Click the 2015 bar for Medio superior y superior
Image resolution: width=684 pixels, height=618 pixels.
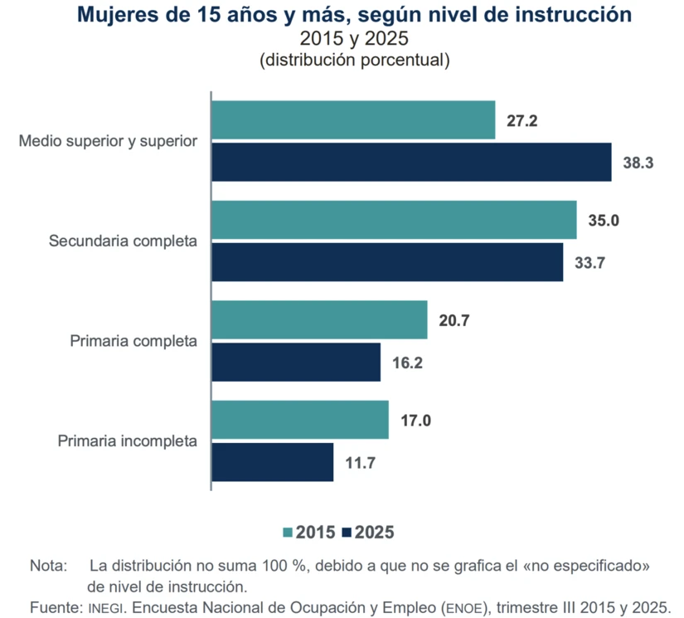354,120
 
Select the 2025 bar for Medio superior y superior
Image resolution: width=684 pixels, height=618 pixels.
412,162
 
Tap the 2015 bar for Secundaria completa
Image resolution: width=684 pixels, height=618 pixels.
395,221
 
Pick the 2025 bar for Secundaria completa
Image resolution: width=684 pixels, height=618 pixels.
388,262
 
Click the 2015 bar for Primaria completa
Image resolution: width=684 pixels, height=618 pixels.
320,320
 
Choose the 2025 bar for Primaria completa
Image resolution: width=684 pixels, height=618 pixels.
297,362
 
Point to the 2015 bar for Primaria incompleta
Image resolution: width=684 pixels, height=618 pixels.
301,420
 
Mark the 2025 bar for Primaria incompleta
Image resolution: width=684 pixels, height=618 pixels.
274,462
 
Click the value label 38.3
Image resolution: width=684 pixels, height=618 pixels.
638,163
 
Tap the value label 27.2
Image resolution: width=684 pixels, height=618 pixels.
522,121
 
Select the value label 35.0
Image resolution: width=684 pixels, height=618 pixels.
604,221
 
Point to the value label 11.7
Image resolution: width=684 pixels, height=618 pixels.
361,463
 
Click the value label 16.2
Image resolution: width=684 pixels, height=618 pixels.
407,363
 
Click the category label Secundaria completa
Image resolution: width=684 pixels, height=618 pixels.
123,241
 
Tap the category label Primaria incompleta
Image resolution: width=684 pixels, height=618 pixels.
128,440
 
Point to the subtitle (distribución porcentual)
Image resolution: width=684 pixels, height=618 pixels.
354,60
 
